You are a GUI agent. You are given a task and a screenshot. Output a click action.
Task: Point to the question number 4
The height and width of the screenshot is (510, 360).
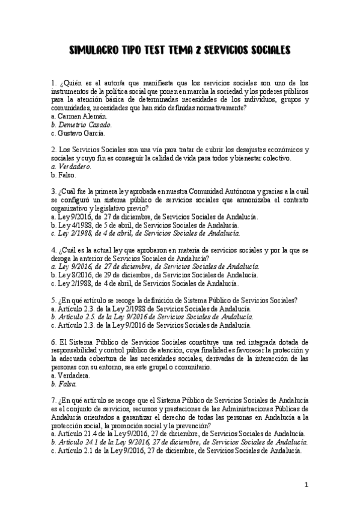pyautogui.click(x=54, y=250)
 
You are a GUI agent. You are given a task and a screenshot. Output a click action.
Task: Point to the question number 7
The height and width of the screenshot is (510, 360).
pyautogui.click(x=54, y=400)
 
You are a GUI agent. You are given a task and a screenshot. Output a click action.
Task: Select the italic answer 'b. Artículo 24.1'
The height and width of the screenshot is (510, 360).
pyautogui.click(x=180, y=442)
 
